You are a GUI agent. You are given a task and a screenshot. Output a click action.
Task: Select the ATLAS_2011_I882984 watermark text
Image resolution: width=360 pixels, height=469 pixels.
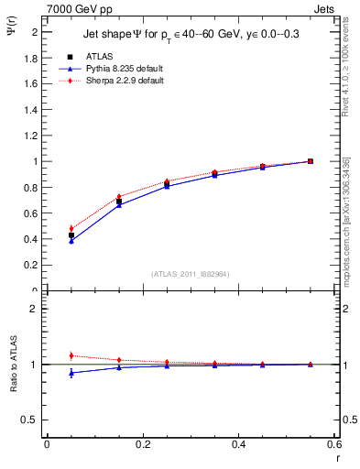[189, 274]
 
